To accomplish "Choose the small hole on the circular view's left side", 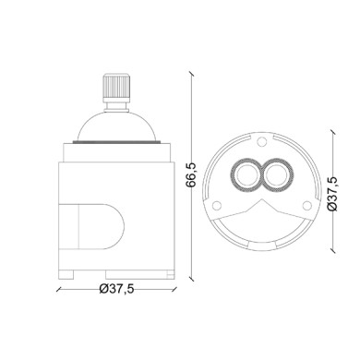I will (x=216, y=205).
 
